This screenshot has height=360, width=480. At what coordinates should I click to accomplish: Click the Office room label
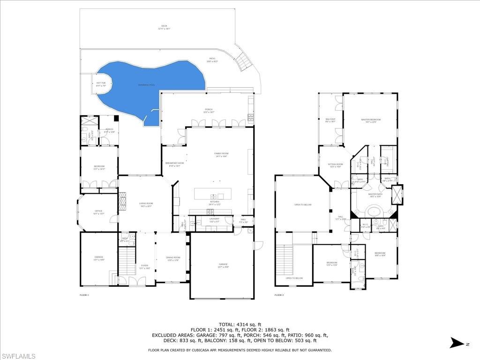point(98,212)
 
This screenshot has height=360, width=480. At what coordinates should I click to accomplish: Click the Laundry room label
point(214,219)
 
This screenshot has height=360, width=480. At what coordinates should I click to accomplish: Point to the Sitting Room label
point(335,165)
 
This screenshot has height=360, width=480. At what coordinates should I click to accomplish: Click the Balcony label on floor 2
point(330,120)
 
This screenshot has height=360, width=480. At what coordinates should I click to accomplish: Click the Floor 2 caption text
point(279,295)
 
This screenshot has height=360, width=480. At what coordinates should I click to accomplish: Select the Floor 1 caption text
point(84,295)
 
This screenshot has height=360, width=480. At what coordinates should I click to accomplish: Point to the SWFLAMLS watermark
point(18,356)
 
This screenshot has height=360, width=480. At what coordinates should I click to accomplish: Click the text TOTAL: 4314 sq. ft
point(240,324)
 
